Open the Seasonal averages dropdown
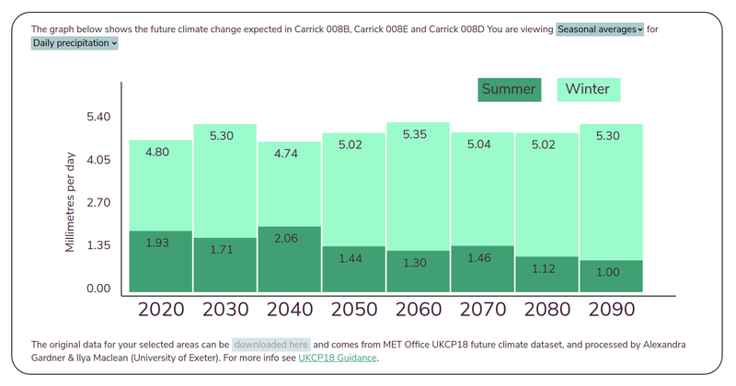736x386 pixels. [x=599, y=29]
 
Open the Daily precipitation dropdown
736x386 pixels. [x=75, y=43]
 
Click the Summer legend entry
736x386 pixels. [x=508, y=89]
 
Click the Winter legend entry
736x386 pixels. [x=587, y=89]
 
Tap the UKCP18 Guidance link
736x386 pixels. [x=338, y=358]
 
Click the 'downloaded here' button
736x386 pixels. [x=270, y=345]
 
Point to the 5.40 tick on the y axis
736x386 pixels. [x=98, y=117]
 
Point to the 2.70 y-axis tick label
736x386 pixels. [x=98, y=202]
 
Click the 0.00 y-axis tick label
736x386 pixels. [x=98, y=289]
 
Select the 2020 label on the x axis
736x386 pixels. [x=161, y=309]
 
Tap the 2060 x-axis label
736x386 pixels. [x=418, y=309]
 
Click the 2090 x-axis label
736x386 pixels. [x=611, y=309]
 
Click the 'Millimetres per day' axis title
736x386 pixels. [x=71, y=202]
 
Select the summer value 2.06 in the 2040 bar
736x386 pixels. [x=290, y=238]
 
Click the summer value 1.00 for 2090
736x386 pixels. [x=611, y=272]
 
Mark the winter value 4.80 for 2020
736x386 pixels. [x=161, y=153]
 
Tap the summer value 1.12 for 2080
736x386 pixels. [x=546, y=268]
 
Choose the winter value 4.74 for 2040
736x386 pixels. [x=290, y=154]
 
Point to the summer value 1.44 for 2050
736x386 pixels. [x=353, y=258]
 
